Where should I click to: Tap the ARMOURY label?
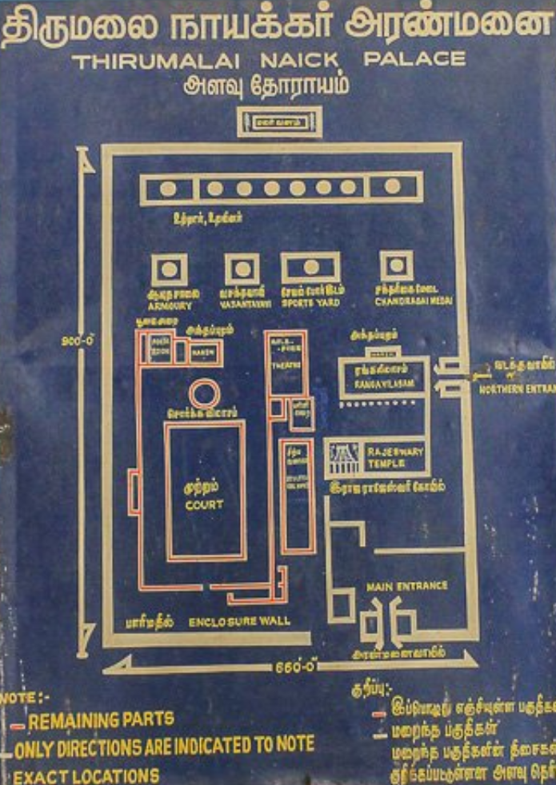pos(169,304)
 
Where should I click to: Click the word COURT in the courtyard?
pos(204,505)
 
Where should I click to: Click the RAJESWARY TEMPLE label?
pos(395,457)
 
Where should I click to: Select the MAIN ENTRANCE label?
pos(407,586)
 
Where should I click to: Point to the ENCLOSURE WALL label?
pos(240,621)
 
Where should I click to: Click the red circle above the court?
pos(204,393)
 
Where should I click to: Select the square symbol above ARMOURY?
pos(169,270)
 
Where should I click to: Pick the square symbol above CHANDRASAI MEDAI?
pos(397,265)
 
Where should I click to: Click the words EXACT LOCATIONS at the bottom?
pos(86,775)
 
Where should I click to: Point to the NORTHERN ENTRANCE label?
pos(516,389)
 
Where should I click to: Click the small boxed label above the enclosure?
pos(279,122)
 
